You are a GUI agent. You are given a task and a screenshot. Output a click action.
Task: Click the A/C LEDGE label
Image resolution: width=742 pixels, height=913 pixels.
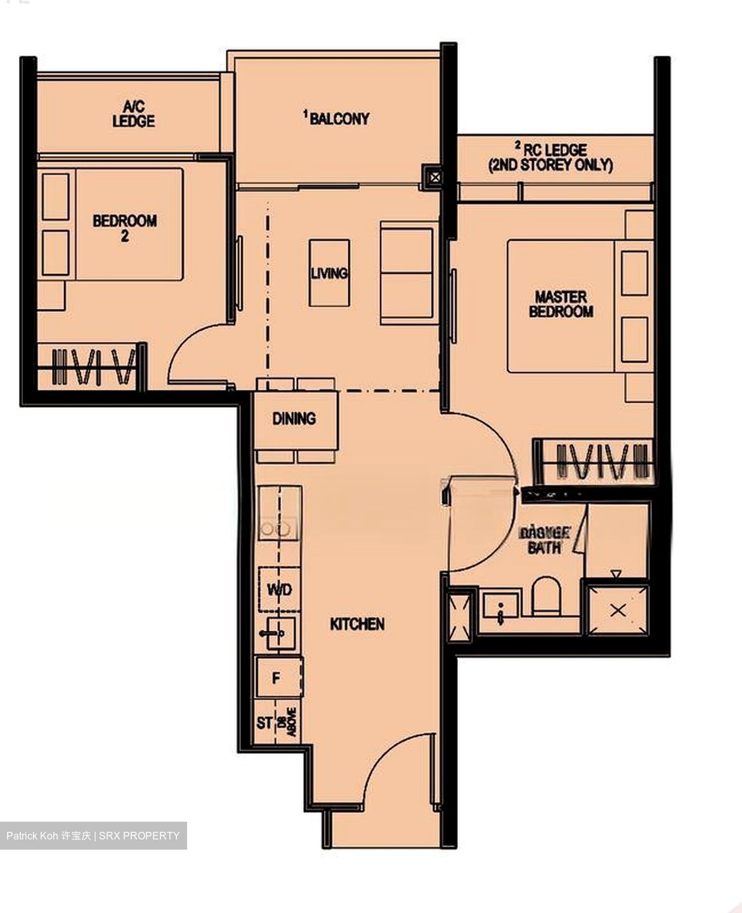pyautogui.click(x=133, y=114)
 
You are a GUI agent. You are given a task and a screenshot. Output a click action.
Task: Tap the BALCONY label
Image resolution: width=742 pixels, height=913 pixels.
pyautogui.click(x=337, y=118)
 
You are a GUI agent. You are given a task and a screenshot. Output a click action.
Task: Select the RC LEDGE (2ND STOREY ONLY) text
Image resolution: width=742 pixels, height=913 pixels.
pyautogui.click(x=550, y=157)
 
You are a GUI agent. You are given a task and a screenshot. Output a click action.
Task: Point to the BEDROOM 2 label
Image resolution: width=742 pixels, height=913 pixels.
pyautogui.click(x=124, y=228)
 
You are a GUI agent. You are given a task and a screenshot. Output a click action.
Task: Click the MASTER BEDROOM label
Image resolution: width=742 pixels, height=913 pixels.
pyautogui.click(x=561, y=303)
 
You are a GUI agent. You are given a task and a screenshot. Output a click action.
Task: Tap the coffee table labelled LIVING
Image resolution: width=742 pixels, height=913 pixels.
pyautogui.click(x=329, y=273)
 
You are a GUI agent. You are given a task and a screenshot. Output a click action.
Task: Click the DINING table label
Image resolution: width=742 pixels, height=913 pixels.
pyautogui.click(x=294, y=418)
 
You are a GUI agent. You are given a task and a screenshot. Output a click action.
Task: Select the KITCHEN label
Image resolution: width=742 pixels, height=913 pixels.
pyautogui.click(x=357, y=624)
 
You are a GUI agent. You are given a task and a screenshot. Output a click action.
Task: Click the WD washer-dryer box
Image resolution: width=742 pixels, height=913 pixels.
pyautogui.click(x=279, y=590)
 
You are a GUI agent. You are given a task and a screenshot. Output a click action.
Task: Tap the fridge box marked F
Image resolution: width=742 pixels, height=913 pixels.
pyautogui.click(x=277, y=678)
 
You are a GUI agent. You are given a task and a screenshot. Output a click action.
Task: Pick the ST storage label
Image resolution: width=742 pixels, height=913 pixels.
pyautogui.click(x=264, y=723)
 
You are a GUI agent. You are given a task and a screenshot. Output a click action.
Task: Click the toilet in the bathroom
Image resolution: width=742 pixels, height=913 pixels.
pyautogui.click(x=546, y=596)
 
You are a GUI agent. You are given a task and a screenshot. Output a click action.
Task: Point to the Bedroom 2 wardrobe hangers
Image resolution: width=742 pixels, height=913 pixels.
pyautogui.click(x=94, y=366)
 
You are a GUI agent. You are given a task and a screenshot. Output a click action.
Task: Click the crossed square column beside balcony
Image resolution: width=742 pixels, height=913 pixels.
pyautogui.click(x=434, y=178)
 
